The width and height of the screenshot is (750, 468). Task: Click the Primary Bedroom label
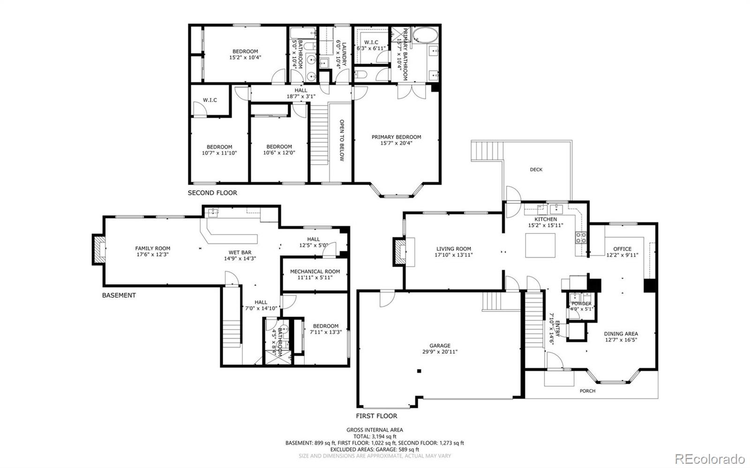pyautogui.click(x=396, y=137)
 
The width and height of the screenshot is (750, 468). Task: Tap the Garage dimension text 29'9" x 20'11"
pyautogui.click(x=439, y=352)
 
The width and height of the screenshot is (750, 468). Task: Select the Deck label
pyautogui.click(x=536, y=169)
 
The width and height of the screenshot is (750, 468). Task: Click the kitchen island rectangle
pyautogui.click(x=540, y=245)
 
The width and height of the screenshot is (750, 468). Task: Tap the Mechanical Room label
pyautogui.click(x=315, y=272)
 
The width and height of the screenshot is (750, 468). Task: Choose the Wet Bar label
pyautogui.click(x=240, y=252)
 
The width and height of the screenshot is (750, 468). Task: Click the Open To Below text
pyautogui.click(x=342, y=140)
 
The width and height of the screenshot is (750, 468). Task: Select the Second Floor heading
pyautogui.click(x=212, y=193)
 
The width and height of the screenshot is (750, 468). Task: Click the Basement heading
pyautogui.click(x=119, y=295)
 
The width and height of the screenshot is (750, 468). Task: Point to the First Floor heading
pyautogui.click(x=376, y=416)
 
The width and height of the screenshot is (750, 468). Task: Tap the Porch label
pyautogui.click(x=587, y=391)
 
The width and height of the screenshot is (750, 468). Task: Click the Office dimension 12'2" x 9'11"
pyautogui.click(x=622, y=255)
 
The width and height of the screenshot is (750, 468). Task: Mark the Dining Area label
pyautogui.click(x=621, y=334)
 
